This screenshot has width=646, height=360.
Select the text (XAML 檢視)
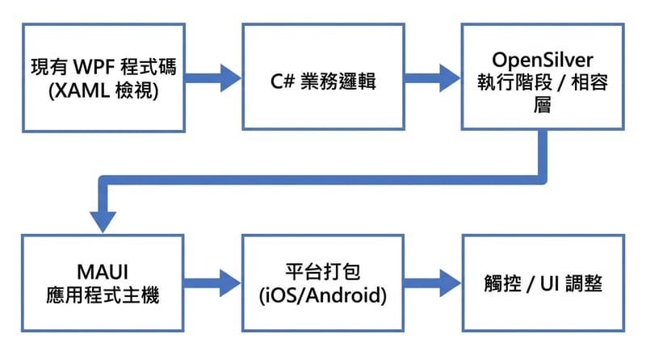click(x=103, y=89)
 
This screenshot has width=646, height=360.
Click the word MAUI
click(x=103, y=273)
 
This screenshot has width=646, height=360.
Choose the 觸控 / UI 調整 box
click(x=542, y=284)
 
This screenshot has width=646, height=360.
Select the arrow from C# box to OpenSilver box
click(x=432, y=77)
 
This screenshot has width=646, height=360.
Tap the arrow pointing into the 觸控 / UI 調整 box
click(x=432, y=284)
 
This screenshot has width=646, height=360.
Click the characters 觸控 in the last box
click(x=501, y=284)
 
